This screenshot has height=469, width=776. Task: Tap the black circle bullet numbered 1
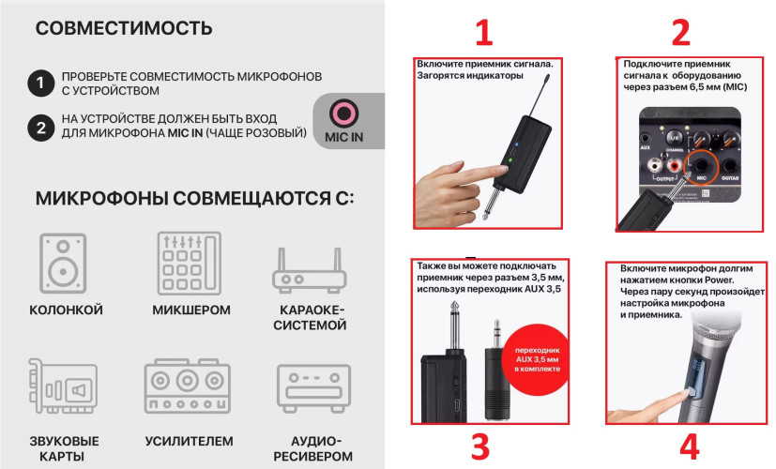click(x=38, y=83)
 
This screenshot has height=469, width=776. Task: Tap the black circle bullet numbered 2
click(x=38, y=129)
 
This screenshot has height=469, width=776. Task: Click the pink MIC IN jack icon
click(x=344, y=115)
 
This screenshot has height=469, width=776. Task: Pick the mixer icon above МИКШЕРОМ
click(x=188, y=264)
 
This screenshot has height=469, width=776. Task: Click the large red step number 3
click(x=480, y=446)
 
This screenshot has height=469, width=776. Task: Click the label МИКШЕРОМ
click(x=189, y=310)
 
